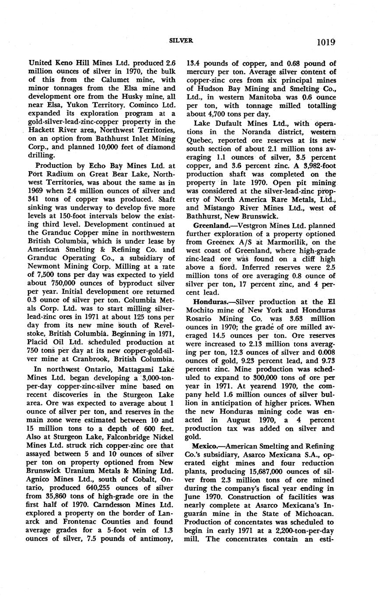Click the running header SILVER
click(x=181, y=40)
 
